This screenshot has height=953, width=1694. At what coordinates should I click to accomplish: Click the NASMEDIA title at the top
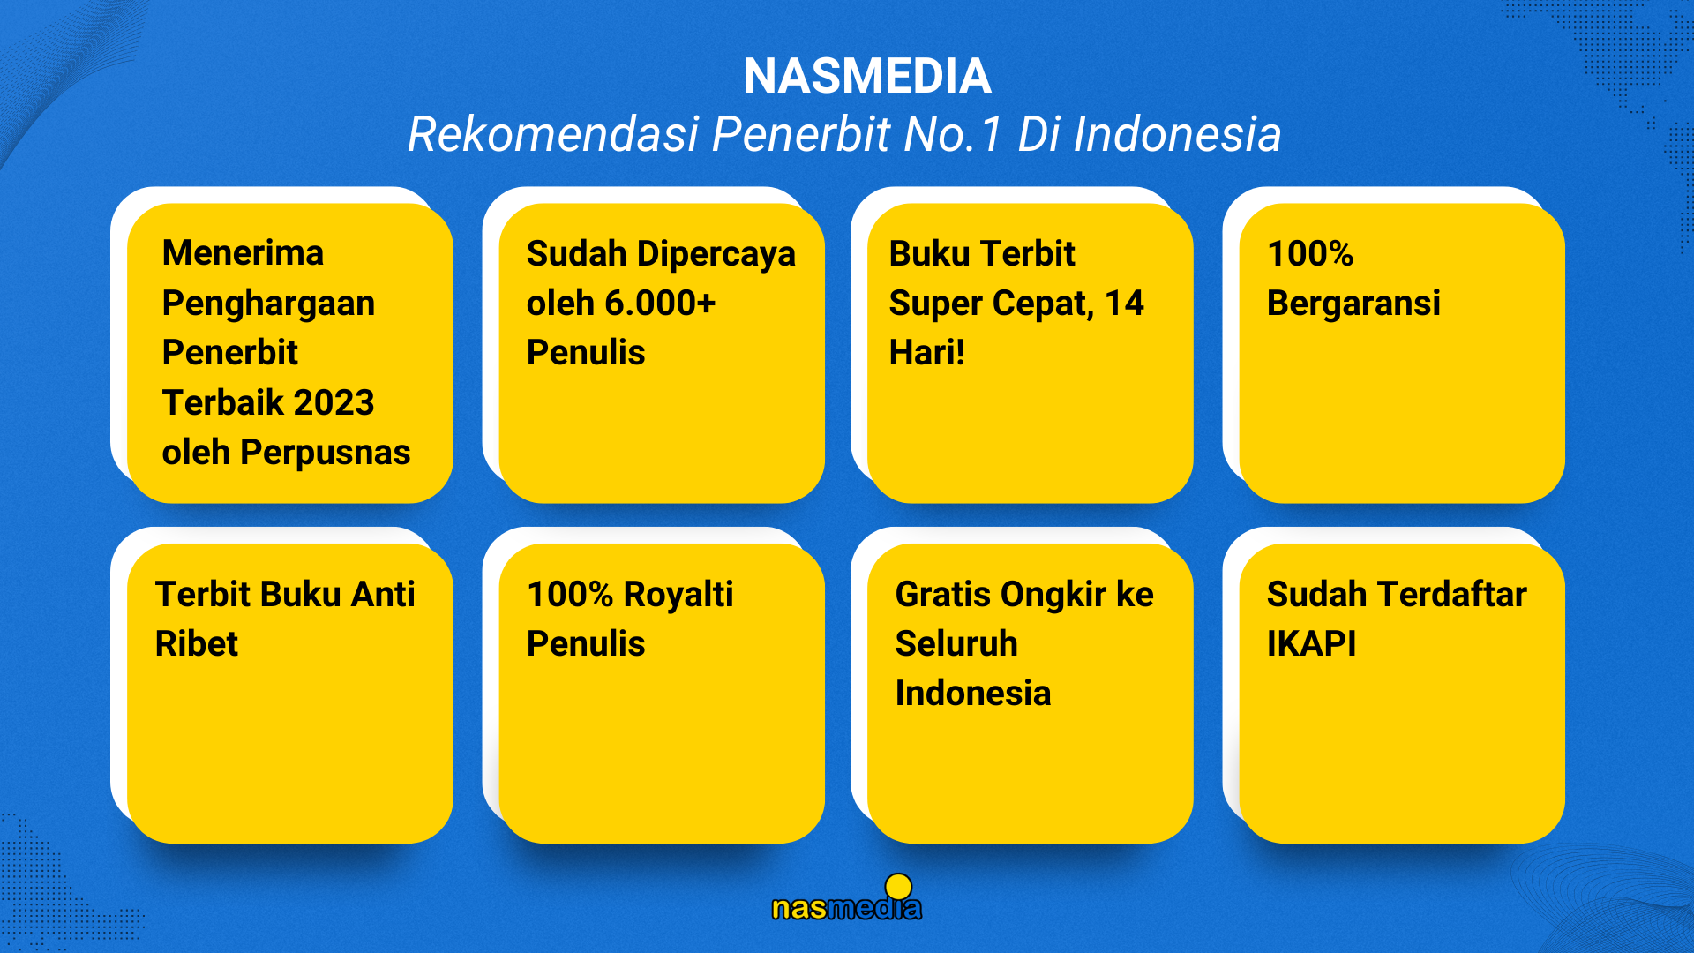pyautogui.click(x=866, y=76)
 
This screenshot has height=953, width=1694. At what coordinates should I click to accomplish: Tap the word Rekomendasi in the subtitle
pyautogui.click(x=553, y=135)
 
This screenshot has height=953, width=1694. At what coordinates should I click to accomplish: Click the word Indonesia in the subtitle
pyautogui.click(x=1177, y=135)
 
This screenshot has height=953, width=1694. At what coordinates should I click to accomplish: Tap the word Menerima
pyautogui.click(x=243, y=253)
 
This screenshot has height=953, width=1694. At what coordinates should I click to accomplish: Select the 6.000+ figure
pyautogui.click(x=660, y=304)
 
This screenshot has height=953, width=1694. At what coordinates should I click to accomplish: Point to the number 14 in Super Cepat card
pyautogui.click(x=1124, y=304)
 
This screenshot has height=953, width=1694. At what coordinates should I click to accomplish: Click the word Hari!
pyautogui.click(x=927, y=353)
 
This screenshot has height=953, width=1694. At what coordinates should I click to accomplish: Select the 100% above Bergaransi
pyautogui.click(x=1310, y=254)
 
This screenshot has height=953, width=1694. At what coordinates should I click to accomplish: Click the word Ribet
pyautogui.click(x=197, y=644)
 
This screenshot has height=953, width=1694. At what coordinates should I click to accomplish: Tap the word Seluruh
pyautogui.click(x=956, y=644)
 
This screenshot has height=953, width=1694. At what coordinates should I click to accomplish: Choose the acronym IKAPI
pyautogui.click(x=1312, y=644)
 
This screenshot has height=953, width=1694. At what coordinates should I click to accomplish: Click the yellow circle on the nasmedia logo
pyautogui.click(x=898, y=887)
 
